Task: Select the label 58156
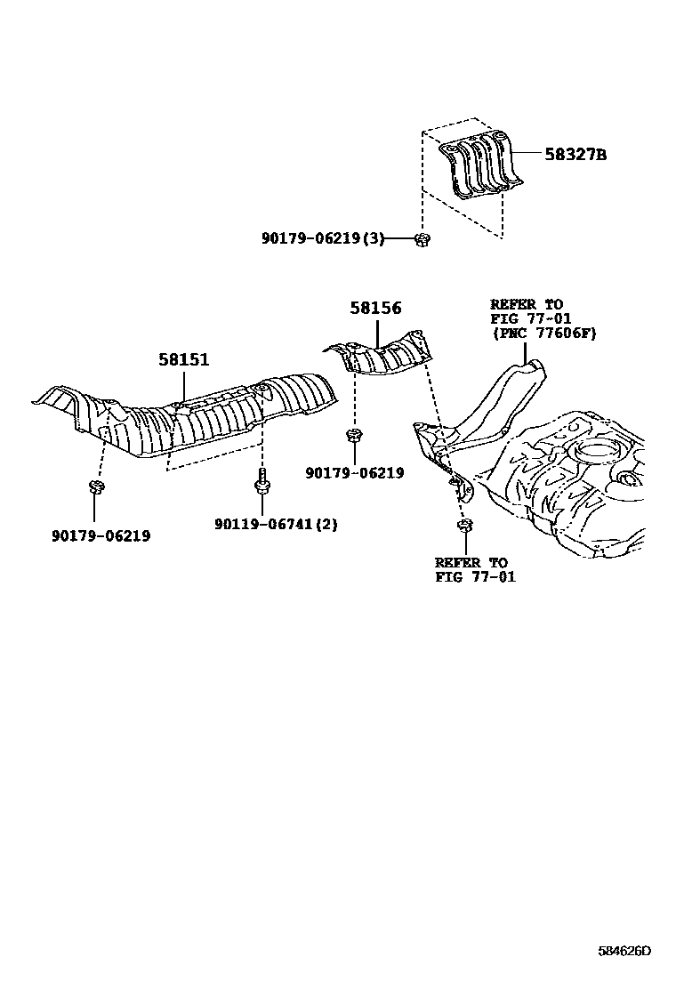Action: point(375,309)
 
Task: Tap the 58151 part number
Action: point(184,360)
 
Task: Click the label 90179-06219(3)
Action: point(323,238)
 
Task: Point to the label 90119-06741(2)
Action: point(276,524)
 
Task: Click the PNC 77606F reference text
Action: point(543,333)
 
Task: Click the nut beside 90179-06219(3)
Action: point(422,238)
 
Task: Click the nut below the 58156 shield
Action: point(354,436)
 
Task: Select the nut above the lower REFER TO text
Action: point(464,527)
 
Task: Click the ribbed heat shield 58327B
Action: point(480,165)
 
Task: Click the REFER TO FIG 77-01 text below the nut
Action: point(471,569)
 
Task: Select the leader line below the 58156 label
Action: point(377,334)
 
